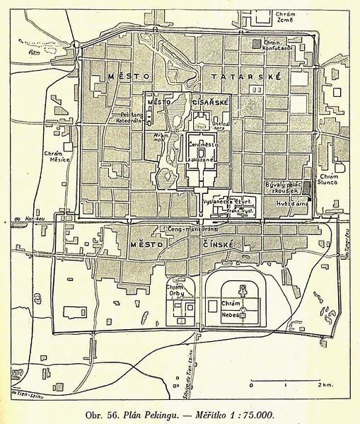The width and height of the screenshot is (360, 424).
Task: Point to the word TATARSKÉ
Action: click(x=251, y=76)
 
